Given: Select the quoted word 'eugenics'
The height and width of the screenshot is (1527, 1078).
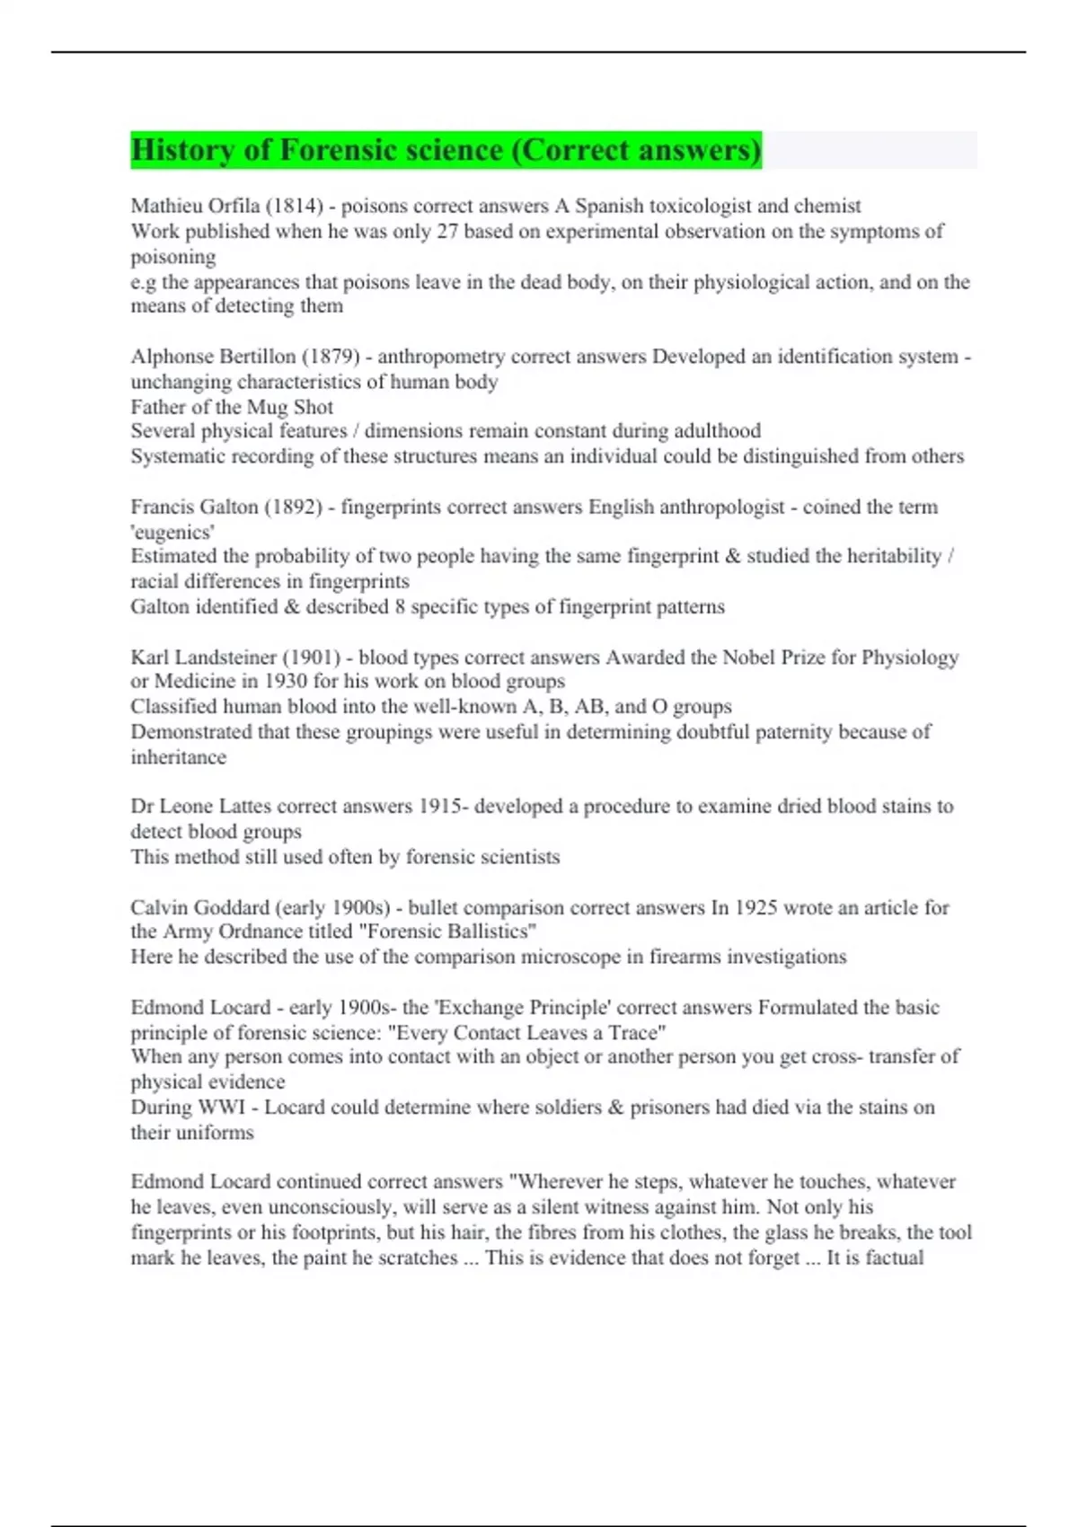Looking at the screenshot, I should coord(172,532).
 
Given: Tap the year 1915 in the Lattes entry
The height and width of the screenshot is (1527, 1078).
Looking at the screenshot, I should coord(440,807).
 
